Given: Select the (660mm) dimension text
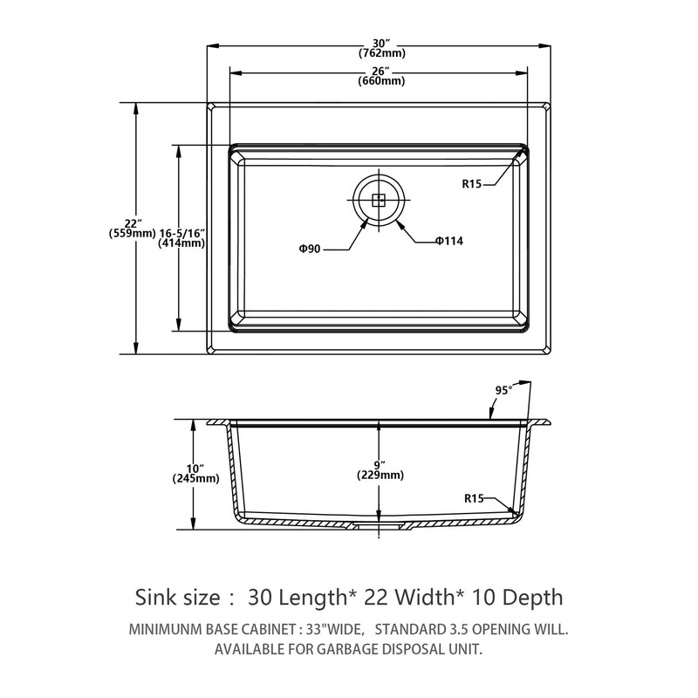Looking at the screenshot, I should pos(380,81).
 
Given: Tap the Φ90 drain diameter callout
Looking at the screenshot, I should pos(310,249).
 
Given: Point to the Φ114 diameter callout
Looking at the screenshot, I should pos(449,241).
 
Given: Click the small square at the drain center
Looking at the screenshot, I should pos(379,200).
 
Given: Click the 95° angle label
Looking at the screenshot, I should pos(503,389).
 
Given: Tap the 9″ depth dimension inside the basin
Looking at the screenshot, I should pos(380,464).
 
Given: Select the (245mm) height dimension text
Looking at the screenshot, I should pos(195,478).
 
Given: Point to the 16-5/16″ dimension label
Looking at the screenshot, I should pos(181,233).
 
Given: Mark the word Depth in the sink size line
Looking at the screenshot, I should pos(529,597).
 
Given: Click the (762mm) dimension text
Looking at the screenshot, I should pos(380,51).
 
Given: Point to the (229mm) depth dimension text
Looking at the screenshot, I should pos(380,476).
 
